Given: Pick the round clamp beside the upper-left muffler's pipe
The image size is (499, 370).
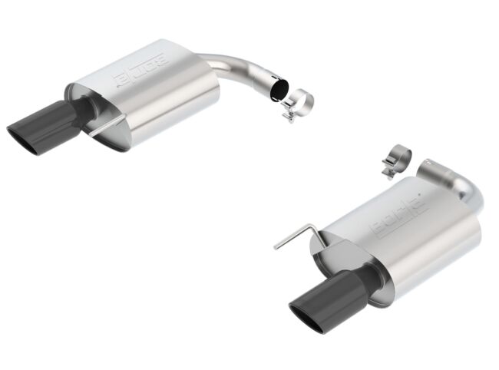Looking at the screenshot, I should (299, 104).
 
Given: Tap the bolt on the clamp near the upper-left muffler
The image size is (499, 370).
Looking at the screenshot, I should (290, 117).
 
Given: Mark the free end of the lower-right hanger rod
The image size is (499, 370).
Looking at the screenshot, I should (276, 246).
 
